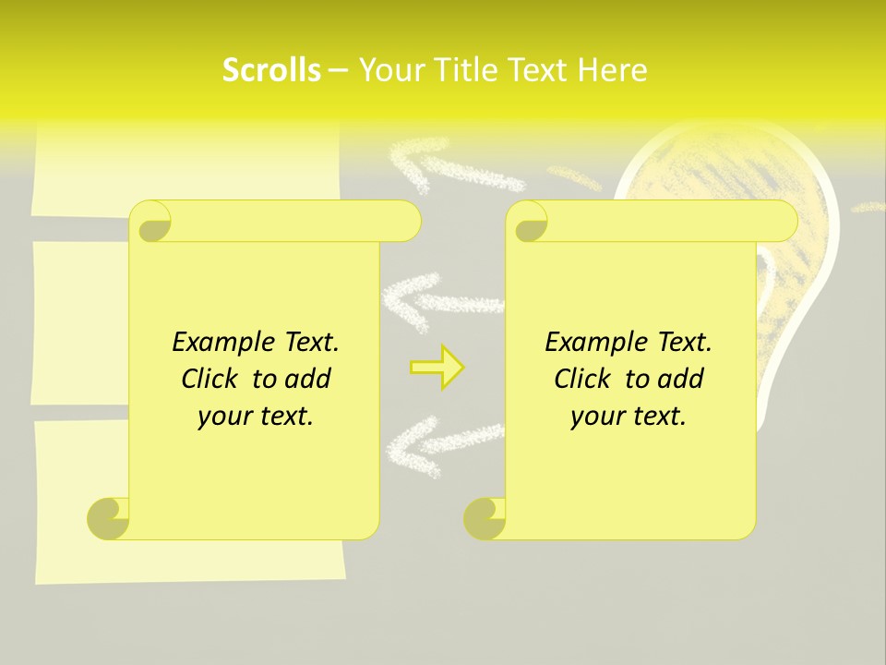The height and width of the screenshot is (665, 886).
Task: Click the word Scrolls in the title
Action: [271, 70]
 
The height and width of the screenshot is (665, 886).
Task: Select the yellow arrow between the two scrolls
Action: [437, 367]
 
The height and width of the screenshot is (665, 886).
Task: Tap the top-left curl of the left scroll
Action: [150, 222]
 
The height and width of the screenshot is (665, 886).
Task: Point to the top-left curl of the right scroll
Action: [527, 222]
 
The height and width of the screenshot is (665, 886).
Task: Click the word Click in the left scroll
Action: [211, 379]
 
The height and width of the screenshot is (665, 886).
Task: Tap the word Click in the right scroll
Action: [584, 379]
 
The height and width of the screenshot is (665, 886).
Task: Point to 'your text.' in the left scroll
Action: [256, 417]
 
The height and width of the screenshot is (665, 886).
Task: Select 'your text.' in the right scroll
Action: [629, 417]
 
